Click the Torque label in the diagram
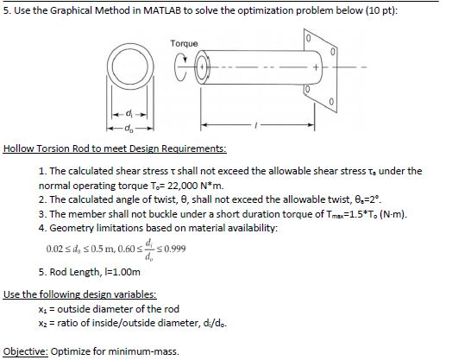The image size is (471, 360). click(184, 42)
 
